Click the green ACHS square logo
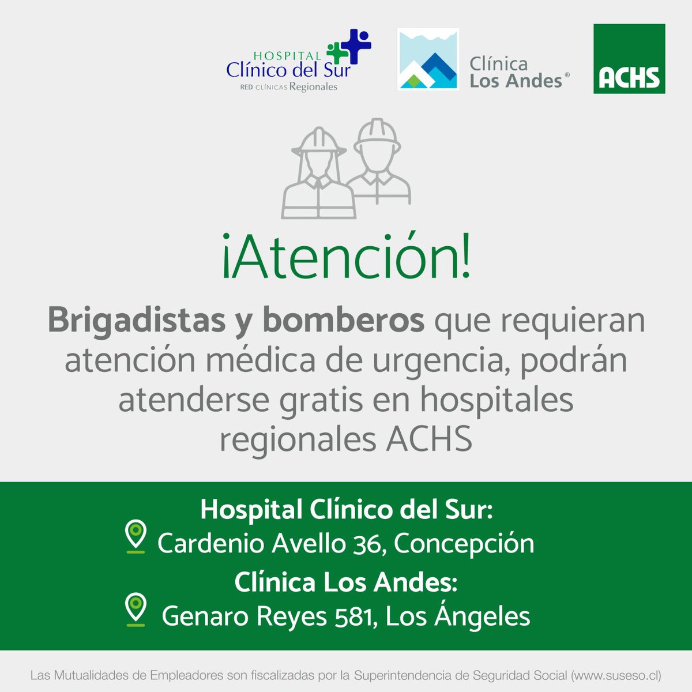click(629, 59)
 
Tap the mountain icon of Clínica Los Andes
click(428, 60)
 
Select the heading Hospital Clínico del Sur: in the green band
click(346, 510)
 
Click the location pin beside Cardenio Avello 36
click(136, 536)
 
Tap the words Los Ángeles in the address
click(458, 615)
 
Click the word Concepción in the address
click(464, 544)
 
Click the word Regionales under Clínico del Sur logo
click(313, 87)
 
